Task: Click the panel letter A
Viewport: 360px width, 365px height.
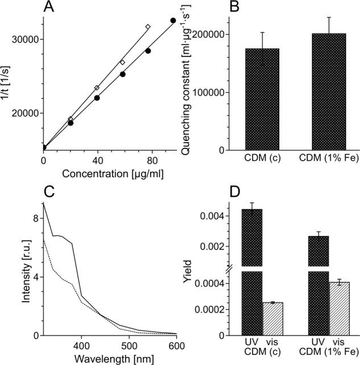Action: click(50, 8)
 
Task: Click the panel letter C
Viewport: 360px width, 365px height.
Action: click(50, 191)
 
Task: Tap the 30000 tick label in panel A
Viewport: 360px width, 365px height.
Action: click(25, 39)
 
